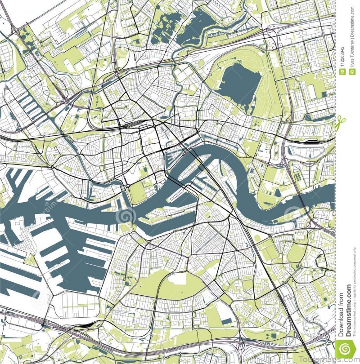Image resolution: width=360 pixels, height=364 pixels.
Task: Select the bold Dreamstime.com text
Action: click(348, 310)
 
